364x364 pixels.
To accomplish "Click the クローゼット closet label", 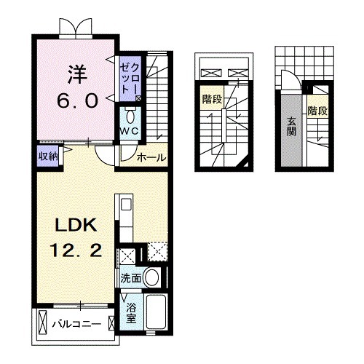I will click(130, 79).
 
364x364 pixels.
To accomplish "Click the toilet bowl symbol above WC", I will click(130, 116).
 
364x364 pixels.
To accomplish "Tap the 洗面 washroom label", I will click(130, 278).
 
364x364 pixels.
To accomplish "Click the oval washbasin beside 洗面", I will click(151, 277).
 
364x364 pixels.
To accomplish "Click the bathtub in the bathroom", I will click(155, 314).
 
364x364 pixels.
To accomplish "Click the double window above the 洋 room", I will click(76, 28).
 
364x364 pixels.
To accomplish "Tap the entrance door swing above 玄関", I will click(290, 82).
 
